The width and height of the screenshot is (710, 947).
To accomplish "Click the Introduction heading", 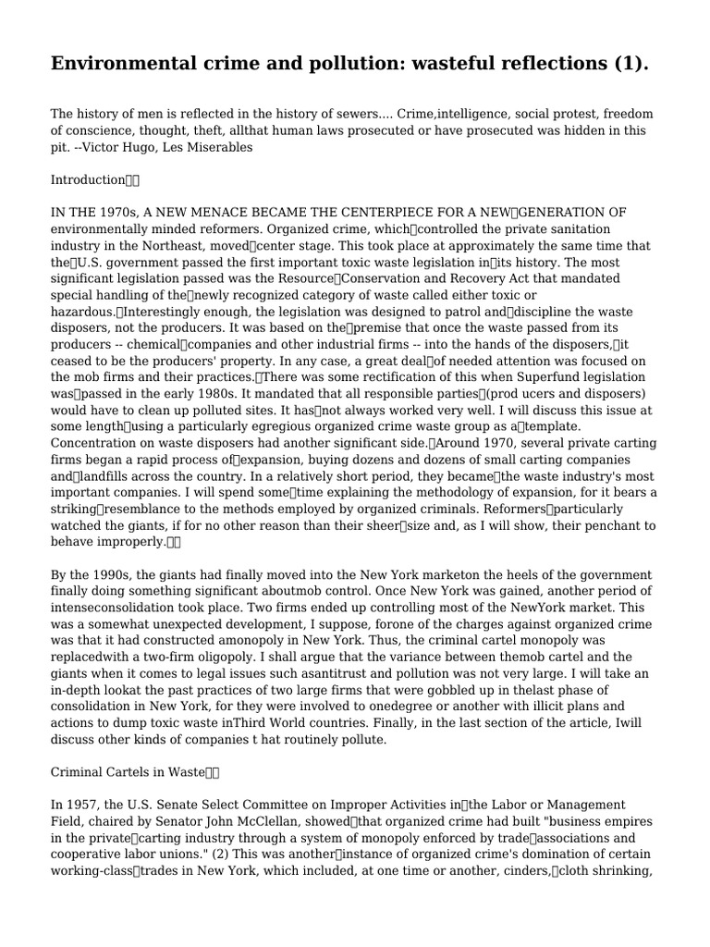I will click(x=88, y=179).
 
